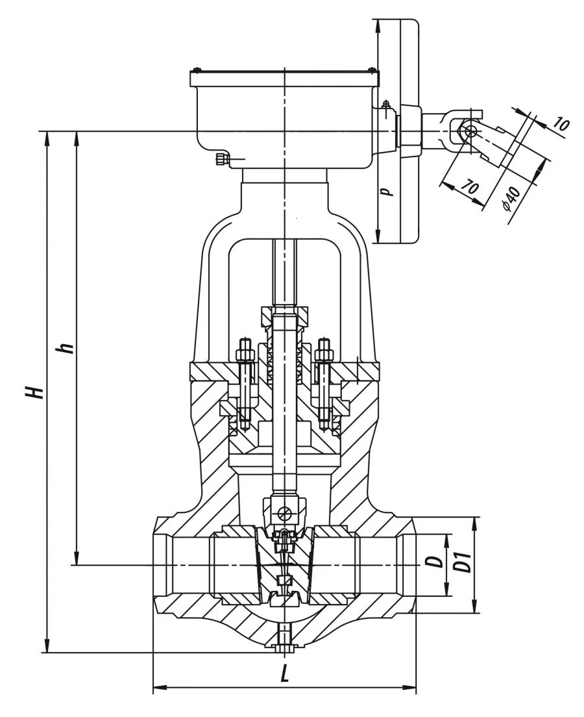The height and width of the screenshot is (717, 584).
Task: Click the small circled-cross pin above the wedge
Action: (284, 513)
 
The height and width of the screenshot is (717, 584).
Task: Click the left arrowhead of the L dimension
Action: (156, 687)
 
